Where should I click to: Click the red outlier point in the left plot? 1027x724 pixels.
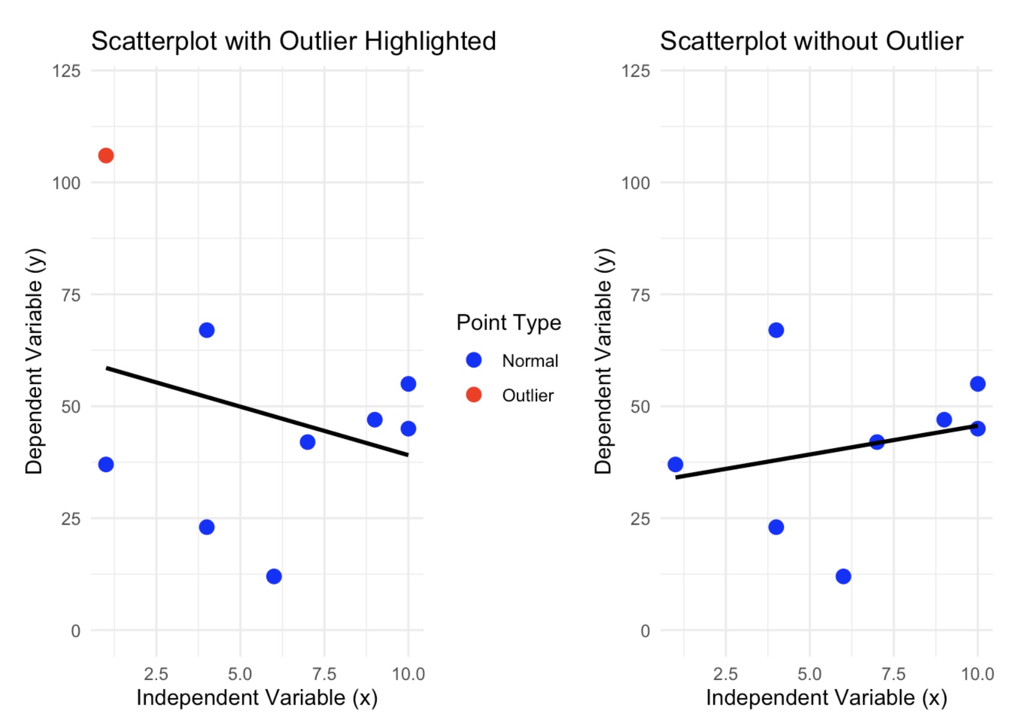pyautogui.click(x=106, y=156)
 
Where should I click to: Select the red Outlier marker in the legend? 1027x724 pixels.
pyautogui.click(x=474, y=395)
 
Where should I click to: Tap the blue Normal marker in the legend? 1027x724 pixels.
pyautogui.click(x=474, y=360)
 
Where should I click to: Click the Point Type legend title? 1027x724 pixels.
pyautogui.click(x=508, y=323)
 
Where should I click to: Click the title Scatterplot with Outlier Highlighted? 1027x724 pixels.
pyautogui.click(x=293, y=42)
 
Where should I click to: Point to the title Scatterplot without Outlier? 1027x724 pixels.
pyautogui.click(x=811, y=42)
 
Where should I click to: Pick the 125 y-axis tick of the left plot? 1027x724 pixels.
pyautogui.click(x=66, y=71)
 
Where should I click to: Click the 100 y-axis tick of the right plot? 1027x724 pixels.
pyautogui.click(x=636, y=183)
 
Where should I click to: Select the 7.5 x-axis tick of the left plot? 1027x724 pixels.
pyautogui.click(x=324, y=673)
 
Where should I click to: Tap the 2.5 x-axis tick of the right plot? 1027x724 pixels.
pyautogui.click(x=725, y=673)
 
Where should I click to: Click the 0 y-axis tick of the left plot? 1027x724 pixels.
pyautogui.click(x=75, y=631)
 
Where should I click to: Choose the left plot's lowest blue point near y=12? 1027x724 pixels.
pyautogui.click(x=274, y=576)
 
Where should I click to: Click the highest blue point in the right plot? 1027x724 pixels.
pyautogui.click(x=776, y=330)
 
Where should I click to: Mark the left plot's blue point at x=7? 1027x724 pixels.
pyautogui.click(x=308, y=442)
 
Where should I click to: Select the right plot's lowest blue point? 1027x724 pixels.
pyautogui.click(x=843, y=576)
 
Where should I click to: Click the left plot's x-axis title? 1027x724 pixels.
pyautogui.click(x=257, y=697)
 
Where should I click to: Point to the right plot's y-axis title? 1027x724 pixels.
pyautogui.click(x=603, y=361)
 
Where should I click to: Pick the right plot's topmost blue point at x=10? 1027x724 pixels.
pyautogui.click(x=978, y=384)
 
